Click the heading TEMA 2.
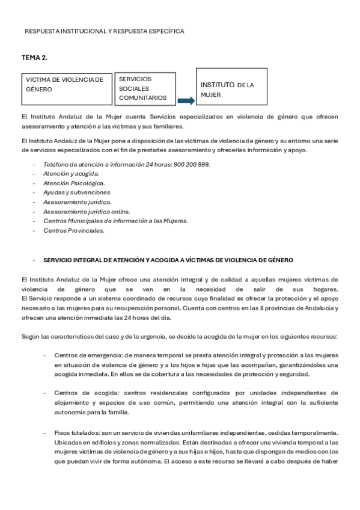(34, 57)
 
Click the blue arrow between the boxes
(186, 100)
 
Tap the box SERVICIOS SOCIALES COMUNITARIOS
(145, 88)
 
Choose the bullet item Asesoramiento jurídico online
(87, 211)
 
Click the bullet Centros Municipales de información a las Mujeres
(115, 221)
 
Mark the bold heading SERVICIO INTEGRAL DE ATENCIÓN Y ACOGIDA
(168, 260)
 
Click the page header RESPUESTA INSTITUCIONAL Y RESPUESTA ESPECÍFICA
(105, 31)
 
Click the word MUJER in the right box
(211, 95)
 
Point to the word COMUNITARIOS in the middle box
(142, 97)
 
